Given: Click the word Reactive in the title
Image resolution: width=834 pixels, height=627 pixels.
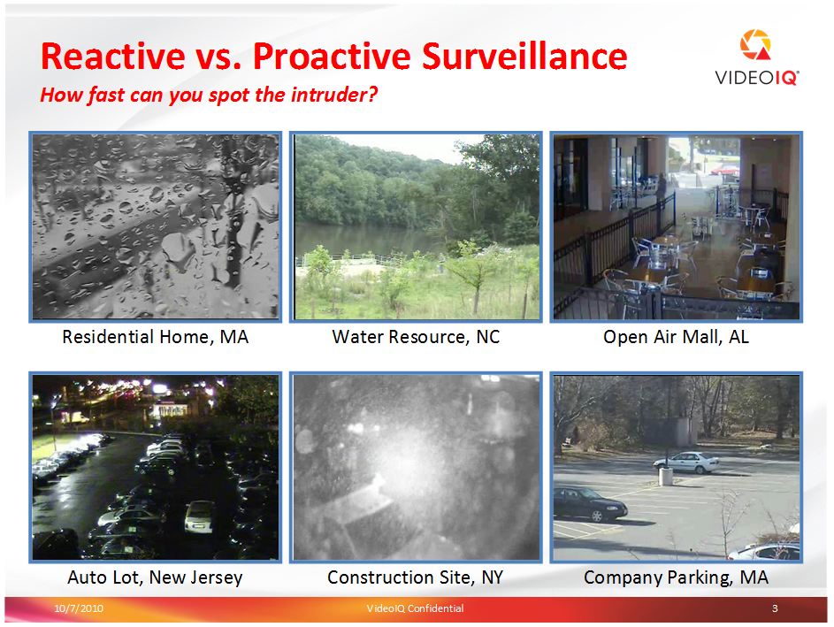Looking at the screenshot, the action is pos(112,56).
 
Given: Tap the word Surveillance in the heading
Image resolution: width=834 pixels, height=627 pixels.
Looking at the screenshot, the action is pos(524,56).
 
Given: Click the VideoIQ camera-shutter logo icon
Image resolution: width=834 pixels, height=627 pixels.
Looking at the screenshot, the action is pos(755,46).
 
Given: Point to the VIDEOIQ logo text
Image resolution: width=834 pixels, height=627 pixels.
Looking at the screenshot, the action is pos(757,78).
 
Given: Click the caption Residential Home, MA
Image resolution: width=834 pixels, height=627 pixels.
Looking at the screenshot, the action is pos(156,337).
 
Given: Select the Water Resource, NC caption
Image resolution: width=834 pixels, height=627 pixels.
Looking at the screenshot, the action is pos(416,337).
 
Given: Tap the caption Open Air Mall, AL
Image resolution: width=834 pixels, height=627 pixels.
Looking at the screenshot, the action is pos(676,337).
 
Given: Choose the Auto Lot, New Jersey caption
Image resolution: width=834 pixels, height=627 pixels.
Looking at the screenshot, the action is pos(156,577).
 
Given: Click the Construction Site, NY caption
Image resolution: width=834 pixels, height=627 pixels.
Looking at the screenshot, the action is pos(416,577).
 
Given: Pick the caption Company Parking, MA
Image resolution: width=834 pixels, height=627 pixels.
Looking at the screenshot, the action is pos(676,577).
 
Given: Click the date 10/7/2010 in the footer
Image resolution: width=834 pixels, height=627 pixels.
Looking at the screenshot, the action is pos(79,608).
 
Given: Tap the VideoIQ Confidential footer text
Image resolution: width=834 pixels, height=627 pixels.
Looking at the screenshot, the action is pos(415,608).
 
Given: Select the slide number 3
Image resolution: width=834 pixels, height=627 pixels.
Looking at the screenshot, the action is pos(775,608).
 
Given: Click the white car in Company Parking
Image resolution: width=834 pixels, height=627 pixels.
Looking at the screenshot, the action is pos(686,463).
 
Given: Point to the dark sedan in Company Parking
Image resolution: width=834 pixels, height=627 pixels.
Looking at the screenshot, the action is pos(590,503).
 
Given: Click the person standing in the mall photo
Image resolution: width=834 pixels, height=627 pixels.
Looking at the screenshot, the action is pos(662,190).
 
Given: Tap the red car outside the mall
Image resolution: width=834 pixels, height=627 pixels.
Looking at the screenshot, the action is pos(725,170).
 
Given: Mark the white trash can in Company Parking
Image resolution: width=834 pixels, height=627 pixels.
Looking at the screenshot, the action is pos(665,477).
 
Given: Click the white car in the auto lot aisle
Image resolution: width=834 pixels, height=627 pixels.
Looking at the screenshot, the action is pos(198,516).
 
